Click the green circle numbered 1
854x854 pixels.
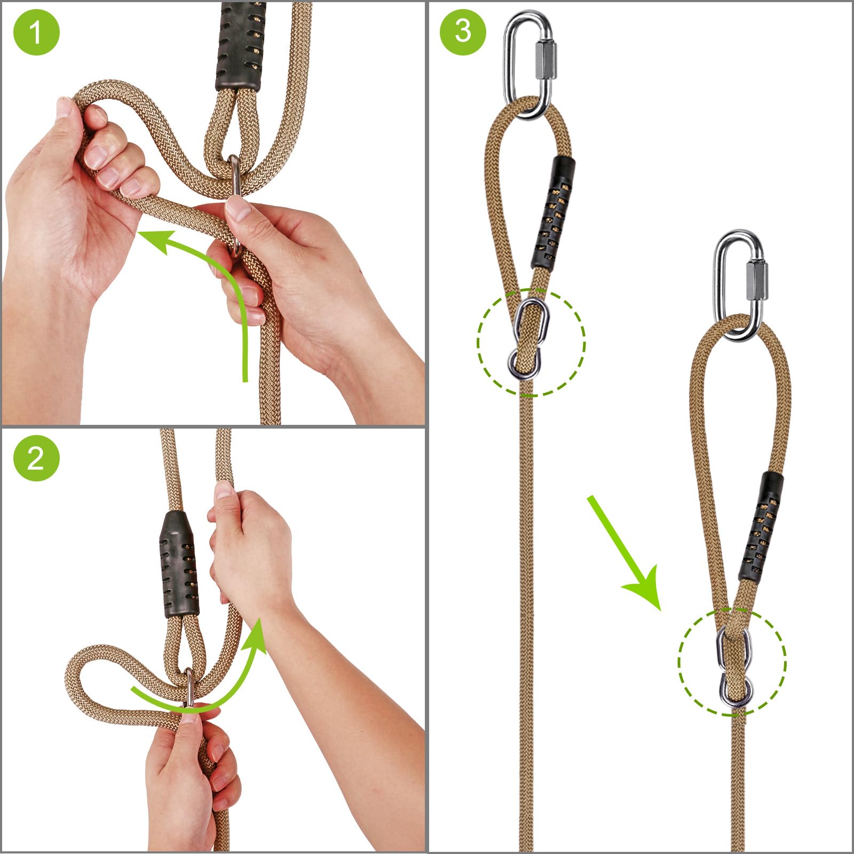point(36,33)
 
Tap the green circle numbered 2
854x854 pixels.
point(36,458)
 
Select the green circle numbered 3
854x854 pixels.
point(463,31)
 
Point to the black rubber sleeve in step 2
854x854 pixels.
point(179,565)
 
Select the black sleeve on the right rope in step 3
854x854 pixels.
point(761,526)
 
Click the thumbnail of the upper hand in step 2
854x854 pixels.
point(224,489)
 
